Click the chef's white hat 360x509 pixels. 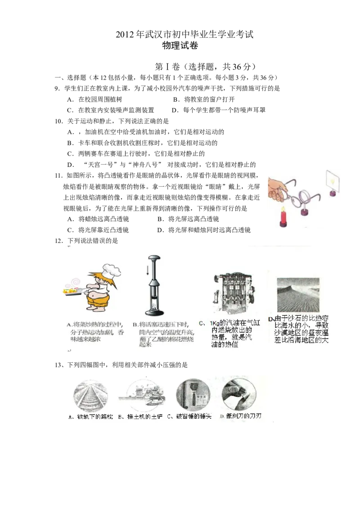111,269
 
